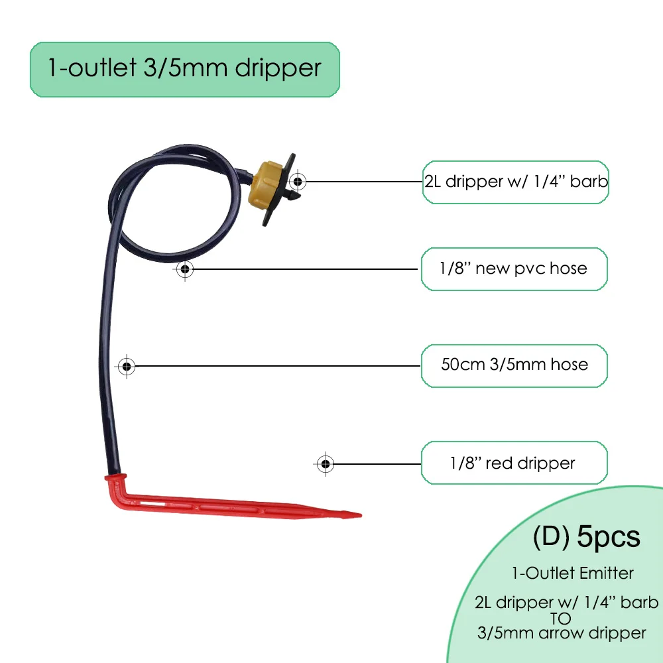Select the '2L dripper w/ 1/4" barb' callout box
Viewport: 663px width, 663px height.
(x=515, y=181)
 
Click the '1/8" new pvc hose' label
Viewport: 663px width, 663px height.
(x=514, y=269)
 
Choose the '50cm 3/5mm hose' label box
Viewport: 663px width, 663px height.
(x=514, y=364)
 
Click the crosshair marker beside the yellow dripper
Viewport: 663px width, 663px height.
(x=298, y=180)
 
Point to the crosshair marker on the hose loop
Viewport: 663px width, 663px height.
(x=186, y=269)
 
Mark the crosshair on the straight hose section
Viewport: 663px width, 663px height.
(x=126, y=365)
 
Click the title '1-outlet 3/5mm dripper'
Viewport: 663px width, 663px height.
(x=184, y=69)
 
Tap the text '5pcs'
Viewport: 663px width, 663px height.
(x=609, y=537)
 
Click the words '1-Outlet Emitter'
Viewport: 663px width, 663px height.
(x=572, y=573)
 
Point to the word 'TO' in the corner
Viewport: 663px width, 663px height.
(x=561, y=617)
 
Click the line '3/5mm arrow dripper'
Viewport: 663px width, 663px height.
(x=561, y=633)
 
